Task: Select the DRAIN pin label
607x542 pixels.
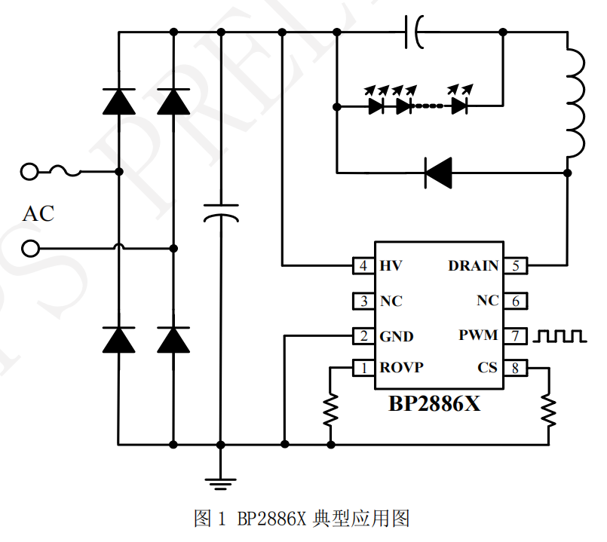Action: pyautogui.click(x=473, y=266)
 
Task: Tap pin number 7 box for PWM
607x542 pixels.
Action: pyautogui.click(x=516, y=335)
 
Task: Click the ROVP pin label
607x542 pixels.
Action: pyautogui.click(x=401, y=368)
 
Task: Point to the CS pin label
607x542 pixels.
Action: pyautogui.click(x=487, y=368)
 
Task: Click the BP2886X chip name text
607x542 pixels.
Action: pyautogui.click(x=434, y=403)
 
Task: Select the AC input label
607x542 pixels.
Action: pyautogui.click(x=38, y=214)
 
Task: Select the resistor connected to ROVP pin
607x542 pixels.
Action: pyautogui.click(x=330, y=411)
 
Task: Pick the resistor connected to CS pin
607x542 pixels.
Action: pyautogui.click(x=548, y=411)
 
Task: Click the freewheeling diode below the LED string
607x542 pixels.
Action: pyautogui.click(x=437, y=172)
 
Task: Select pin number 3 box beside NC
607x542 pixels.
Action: pyautogui.click(x=364, y=302)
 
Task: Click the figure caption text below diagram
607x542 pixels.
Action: pyautogui.click(x=301, y=519)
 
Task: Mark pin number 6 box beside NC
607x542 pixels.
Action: pyautogui.click(x=516, y=301)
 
